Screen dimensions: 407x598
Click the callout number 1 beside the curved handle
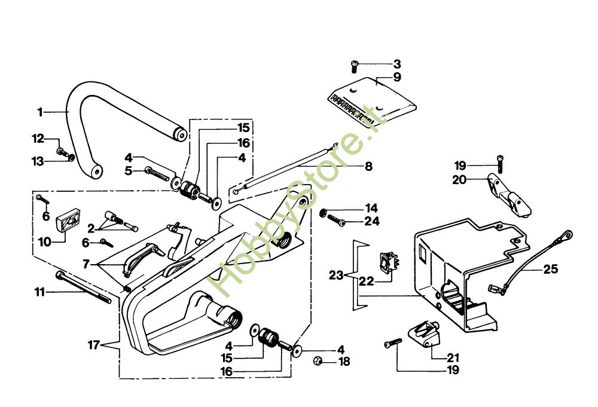[40, 112]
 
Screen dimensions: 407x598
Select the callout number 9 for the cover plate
[397, 76]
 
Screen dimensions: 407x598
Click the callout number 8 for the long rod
[368, 167]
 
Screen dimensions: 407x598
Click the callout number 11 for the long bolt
[40, 292]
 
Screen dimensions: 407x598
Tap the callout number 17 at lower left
[93, 345]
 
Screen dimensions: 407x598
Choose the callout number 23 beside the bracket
[336, 276]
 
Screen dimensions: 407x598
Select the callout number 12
[38, 139]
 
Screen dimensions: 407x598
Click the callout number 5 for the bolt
[129, 171]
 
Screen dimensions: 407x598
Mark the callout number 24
[372, 222]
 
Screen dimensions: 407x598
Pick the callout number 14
[372, 209]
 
